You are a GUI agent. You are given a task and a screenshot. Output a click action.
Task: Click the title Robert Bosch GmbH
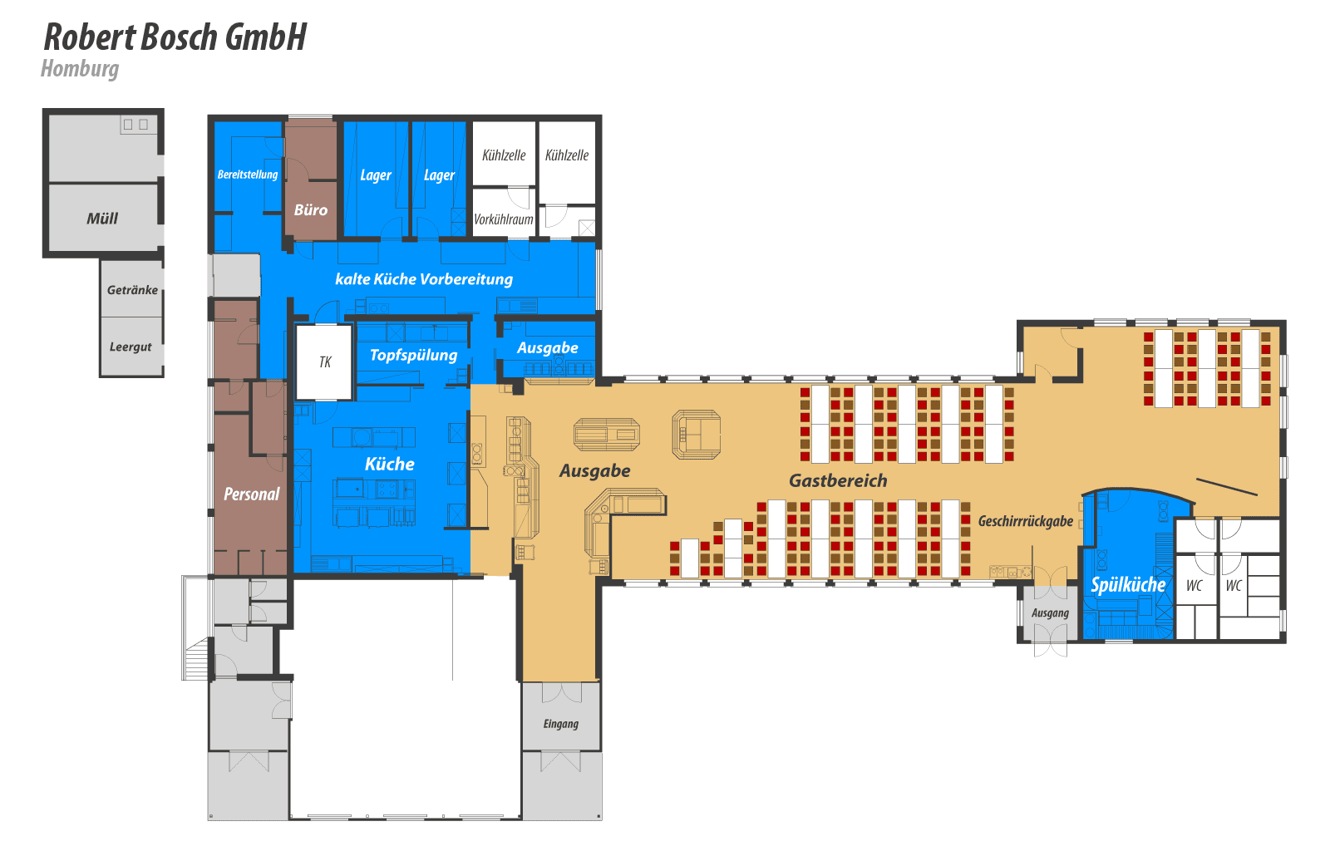click(x=175, y=37)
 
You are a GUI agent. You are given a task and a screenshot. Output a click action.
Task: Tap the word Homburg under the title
click(x=80, y=69)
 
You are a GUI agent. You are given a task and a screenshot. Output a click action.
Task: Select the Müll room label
click(x=102, y=219)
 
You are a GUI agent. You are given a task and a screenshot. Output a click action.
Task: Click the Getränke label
click(x=132, y=289)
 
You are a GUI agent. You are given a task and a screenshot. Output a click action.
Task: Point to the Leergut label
click(x=131, y=347)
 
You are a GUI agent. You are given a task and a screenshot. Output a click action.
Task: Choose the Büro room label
click(x=311, y=209)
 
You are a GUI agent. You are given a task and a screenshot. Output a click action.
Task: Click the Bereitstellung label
click(x=248, y=175)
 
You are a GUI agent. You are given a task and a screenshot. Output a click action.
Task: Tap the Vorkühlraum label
click(x=504, y=219)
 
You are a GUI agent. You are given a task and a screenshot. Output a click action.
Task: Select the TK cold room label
click(x=325, y=362)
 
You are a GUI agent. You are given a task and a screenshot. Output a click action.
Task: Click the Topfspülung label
click(x=414, y=356)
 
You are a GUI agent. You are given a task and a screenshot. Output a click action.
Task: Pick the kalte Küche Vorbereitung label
click(x=424, y=279)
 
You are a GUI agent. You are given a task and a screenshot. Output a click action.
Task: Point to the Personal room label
click(x=251, y=494)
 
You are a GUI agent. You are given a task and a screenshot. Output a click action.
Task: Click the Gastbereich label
click(x=838, y=480)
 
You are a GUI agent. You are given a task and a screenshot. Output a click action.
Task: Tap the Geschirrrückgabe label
click(x=1026, y=521)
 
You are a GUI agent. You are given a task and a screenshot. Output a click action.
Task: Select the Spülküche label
click(x=1128, y=584)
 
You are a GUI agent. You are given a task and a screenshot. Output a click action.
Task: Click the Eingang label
click(x=560, y=723)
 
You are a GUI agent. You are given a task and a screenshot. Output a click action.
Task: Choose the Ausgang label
click(x=1050, y=613)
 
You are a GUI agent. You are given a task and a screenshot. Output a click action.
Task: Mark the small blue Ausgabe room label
click(x=548, y=347)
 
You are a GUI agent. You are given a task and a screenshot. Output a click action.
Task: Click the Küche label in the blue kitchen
click(x=390, y=464)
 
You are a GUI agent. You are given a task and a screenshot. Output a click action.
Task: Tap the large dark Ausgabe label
click(x=595, y=470)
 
